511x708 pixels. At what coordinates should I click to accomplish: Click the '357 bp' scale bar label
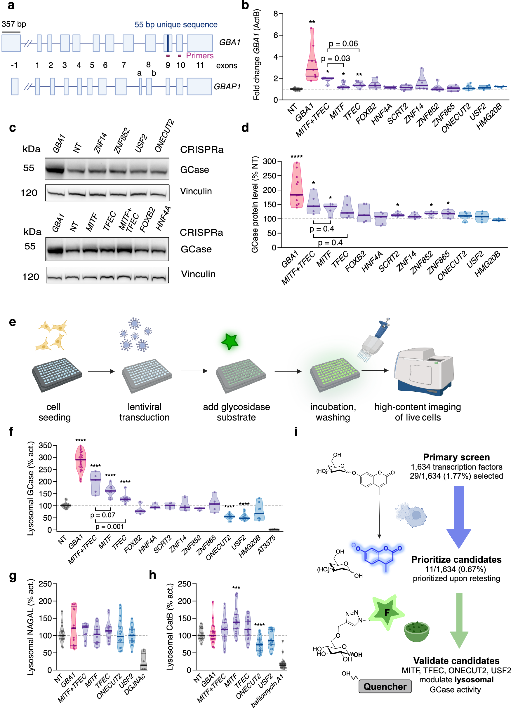coord(14,24)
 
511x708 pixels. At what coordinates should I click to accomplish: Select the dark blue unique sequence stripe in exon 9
coord(168,43)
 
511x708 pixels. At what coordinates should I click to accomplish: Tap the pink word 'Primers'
coord(200,55)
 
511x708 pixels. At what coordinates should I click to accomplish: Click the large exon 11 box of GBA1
coord(200,43)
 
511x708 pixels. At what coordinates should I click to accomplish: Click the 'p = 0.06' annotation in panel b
coord(343,44)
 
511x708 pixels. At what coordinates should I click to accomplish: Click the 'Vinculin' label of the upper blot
coord(196,191)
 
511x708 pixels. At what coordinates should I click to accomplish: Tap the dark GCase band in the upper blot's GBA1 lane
coord(55,170)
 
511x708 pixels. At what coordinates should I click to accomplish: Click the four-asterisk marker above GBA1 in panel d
coord(296,156)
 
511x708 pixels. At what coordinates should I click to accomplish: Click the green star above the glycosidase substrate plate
coord(230,341)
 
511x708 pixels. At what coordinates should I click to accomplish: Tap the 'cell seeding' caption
coord(54,412)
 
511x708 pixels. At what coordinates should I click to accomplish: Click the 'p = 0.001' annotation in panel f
coord(109,527)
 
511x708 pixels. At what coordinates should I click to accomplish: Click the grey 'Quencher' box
coord(385,686)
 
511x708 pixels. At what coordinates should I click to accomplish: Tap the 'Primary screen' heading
coord(456,457)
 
